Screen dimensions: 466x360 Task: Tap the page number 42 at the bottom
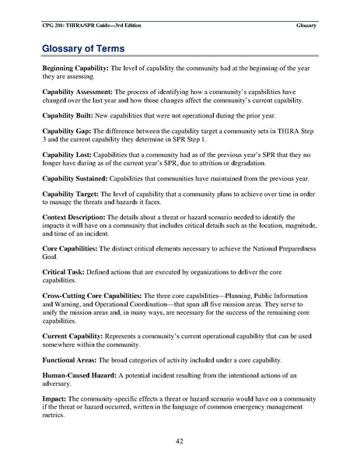coord(180,441)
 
